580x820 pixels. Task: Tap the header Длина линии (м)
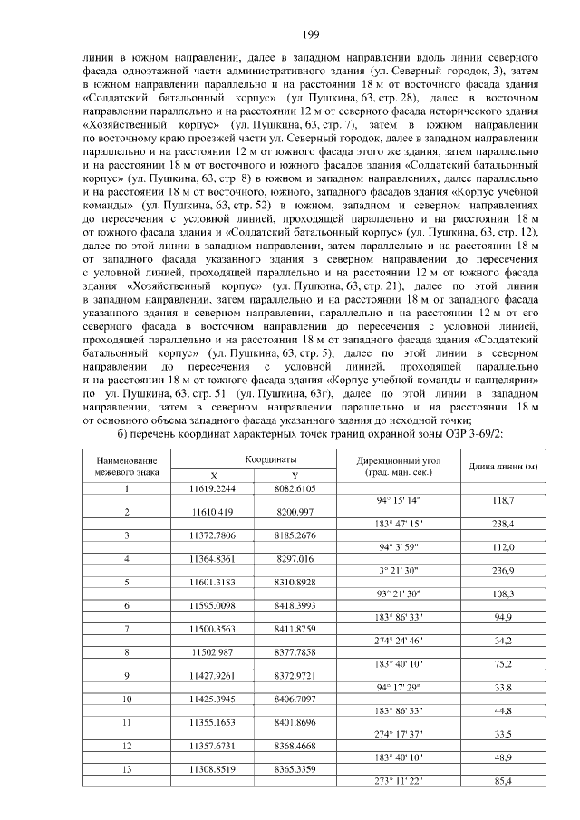(498, 467)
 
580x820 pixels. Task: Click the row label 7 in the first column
(127, 628)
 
